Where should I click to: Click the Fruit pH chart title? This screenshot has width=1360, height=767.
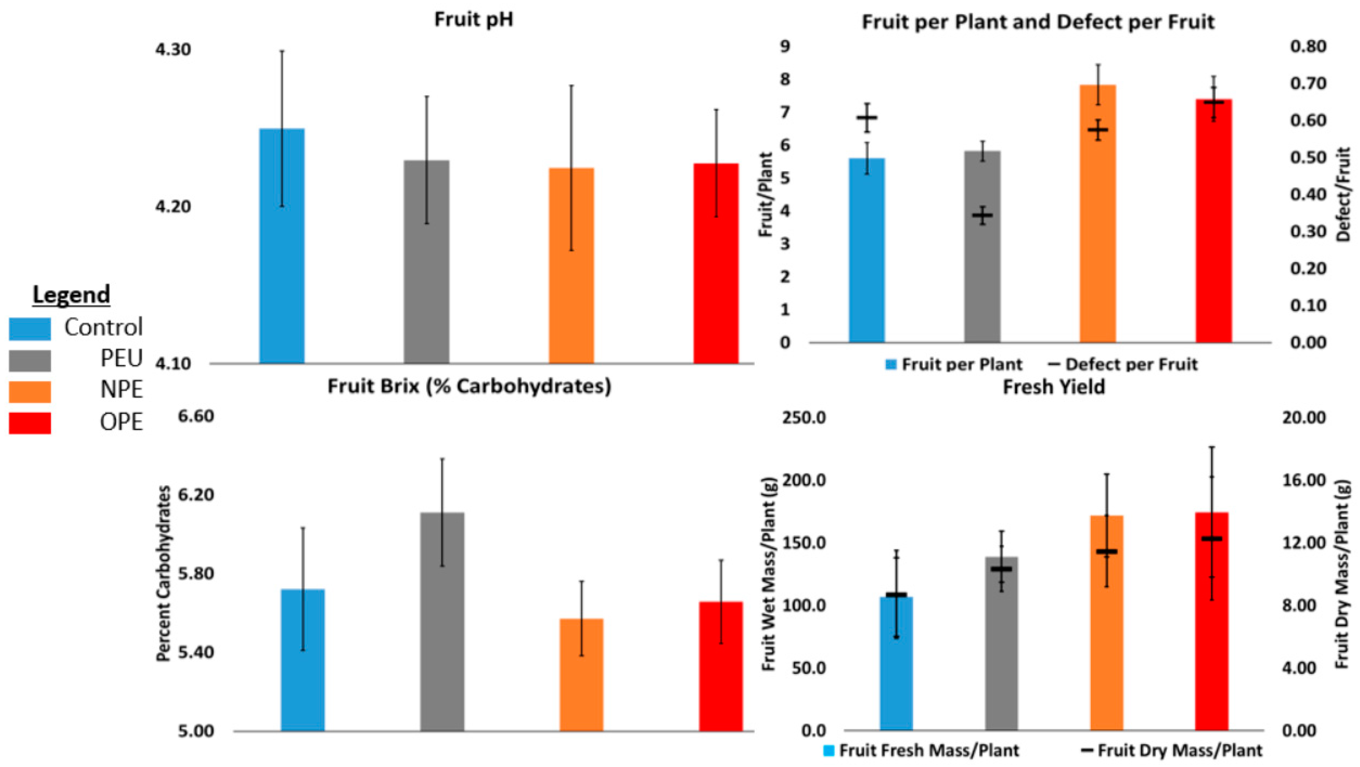[x=474, y=20]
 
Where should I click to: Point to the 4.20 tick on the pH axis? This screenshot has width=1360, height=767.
[x=173, y=206]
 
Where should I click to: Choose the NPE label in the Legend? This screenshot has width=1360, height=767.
[x=122, y=390]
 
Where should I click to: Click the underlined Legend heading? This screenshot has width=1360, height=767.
[x=71, y=295]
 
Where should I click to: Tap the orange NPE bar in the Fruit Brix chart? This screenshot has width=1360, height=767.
[x=581, y=676]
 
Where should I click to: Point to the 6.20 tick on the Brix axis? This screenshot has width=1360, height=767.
[x=196, y=495]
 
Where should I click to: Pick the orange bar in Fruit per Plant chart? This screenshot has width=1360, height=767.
[x=1098, y=222]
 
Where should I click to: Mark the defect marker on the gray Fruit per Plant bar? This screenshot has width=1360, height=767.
[x=983, y=215]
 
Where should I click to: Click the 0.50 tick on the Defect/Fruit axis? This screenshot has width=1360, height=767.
[x=1308, y=158]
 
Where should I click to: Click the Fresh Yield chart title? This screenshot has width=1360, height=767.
[x=1054, y=387]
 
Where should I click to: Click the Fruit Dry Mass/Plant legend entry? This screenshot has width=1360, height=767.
[x=1172, y=750]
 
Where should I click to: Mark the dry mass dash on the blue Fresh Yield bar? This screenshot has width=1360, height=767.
[x=896, y=595]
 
